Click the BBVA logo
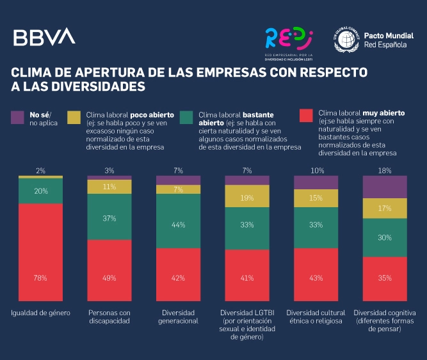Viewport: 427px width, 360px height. click(x=44, y=37)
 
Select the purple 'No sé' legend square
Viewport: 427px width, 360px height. click(x=18, y=117)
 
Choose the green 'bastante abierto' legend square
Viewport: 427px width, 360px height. click(x=188, y=117)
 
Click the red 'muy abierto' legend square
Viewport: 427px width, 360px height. click(x=307, y=115)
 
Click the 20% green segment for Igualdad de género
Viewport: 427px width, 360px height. click(x=40, y=191)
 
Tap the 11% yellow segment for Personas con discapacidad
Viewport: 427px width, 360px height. click(x=109, y=187)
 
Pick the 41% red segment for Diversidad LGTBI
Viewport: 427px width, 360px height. click(x=246, y=277)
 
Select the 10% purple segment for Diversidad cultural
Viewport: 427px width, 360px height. click(x=316, y=182)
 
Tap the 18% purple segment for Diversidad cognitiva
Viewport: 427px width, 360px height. click(x=385, y=187)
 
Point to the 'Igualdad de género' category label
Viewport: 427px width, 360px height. click(x=40, y=313)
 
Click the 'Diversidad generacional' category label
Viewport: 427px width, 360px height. click(x=178, y=317)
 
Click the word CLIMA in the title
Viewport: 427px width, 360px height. click(x=31, y=70)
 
